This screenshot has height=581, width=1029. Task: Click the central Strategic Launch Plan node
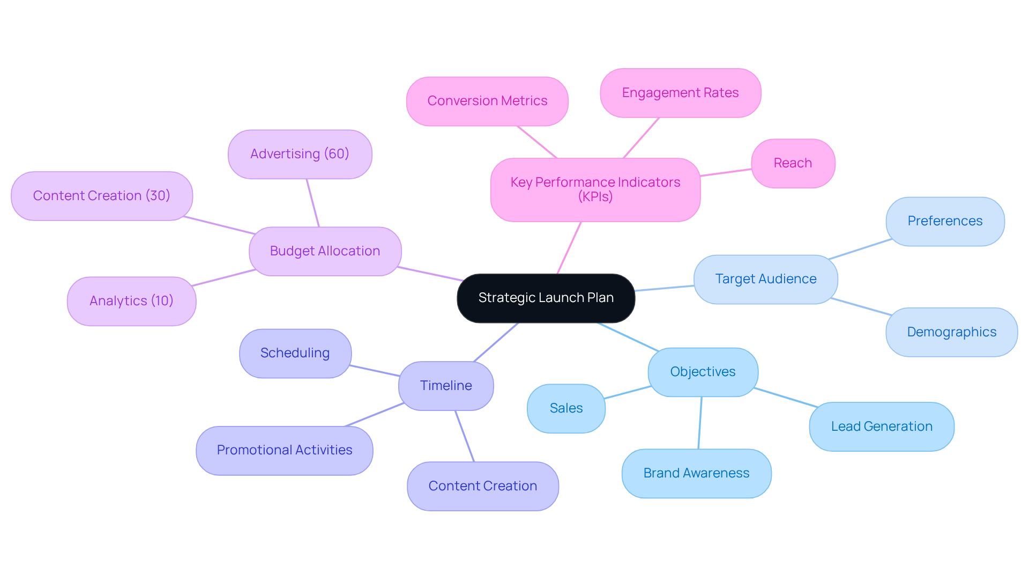546,298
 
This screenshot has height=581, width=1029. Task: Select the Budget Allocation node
325,251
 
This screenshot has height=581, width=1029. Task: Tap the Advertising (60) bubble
300,154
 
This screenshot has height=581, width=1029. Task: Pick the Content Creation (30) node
101,196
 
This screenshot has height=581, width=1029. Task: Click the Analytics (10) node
131,301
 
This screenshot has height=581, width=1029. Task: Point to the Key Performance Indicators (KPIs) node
595,189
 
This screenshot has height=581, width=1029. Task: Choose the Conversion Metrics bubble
487,101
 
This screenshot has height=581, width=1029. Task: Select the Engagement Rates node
680,93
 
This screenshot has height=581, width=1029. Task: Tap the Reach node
793,163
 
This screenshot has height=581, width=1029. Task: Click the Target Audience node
765,279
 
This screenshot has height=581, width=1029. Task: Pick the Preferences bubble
945,221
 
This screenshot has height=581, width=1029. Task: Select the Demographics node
951,332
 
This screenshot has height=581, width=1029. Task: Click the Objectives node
703,372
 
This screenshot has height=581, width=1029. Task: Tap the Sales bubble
566,408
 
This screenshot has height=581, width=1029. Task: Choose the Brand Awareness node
696,473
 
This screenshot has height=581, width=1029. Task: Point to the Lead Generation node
882,426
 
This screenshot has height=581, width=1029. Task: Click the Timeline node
445,386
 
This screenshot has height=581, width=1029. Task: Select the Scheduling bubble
295,353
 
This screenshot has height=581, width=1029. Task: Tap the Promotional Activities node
284,450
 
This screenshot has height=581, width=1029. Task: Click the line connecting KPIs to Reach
726,172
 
